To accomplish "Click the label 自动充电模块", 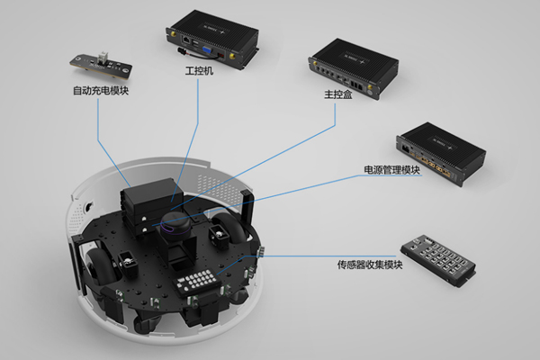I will [x=100, y=91].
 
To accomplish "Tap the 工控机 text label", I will [x=198, y=70].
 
